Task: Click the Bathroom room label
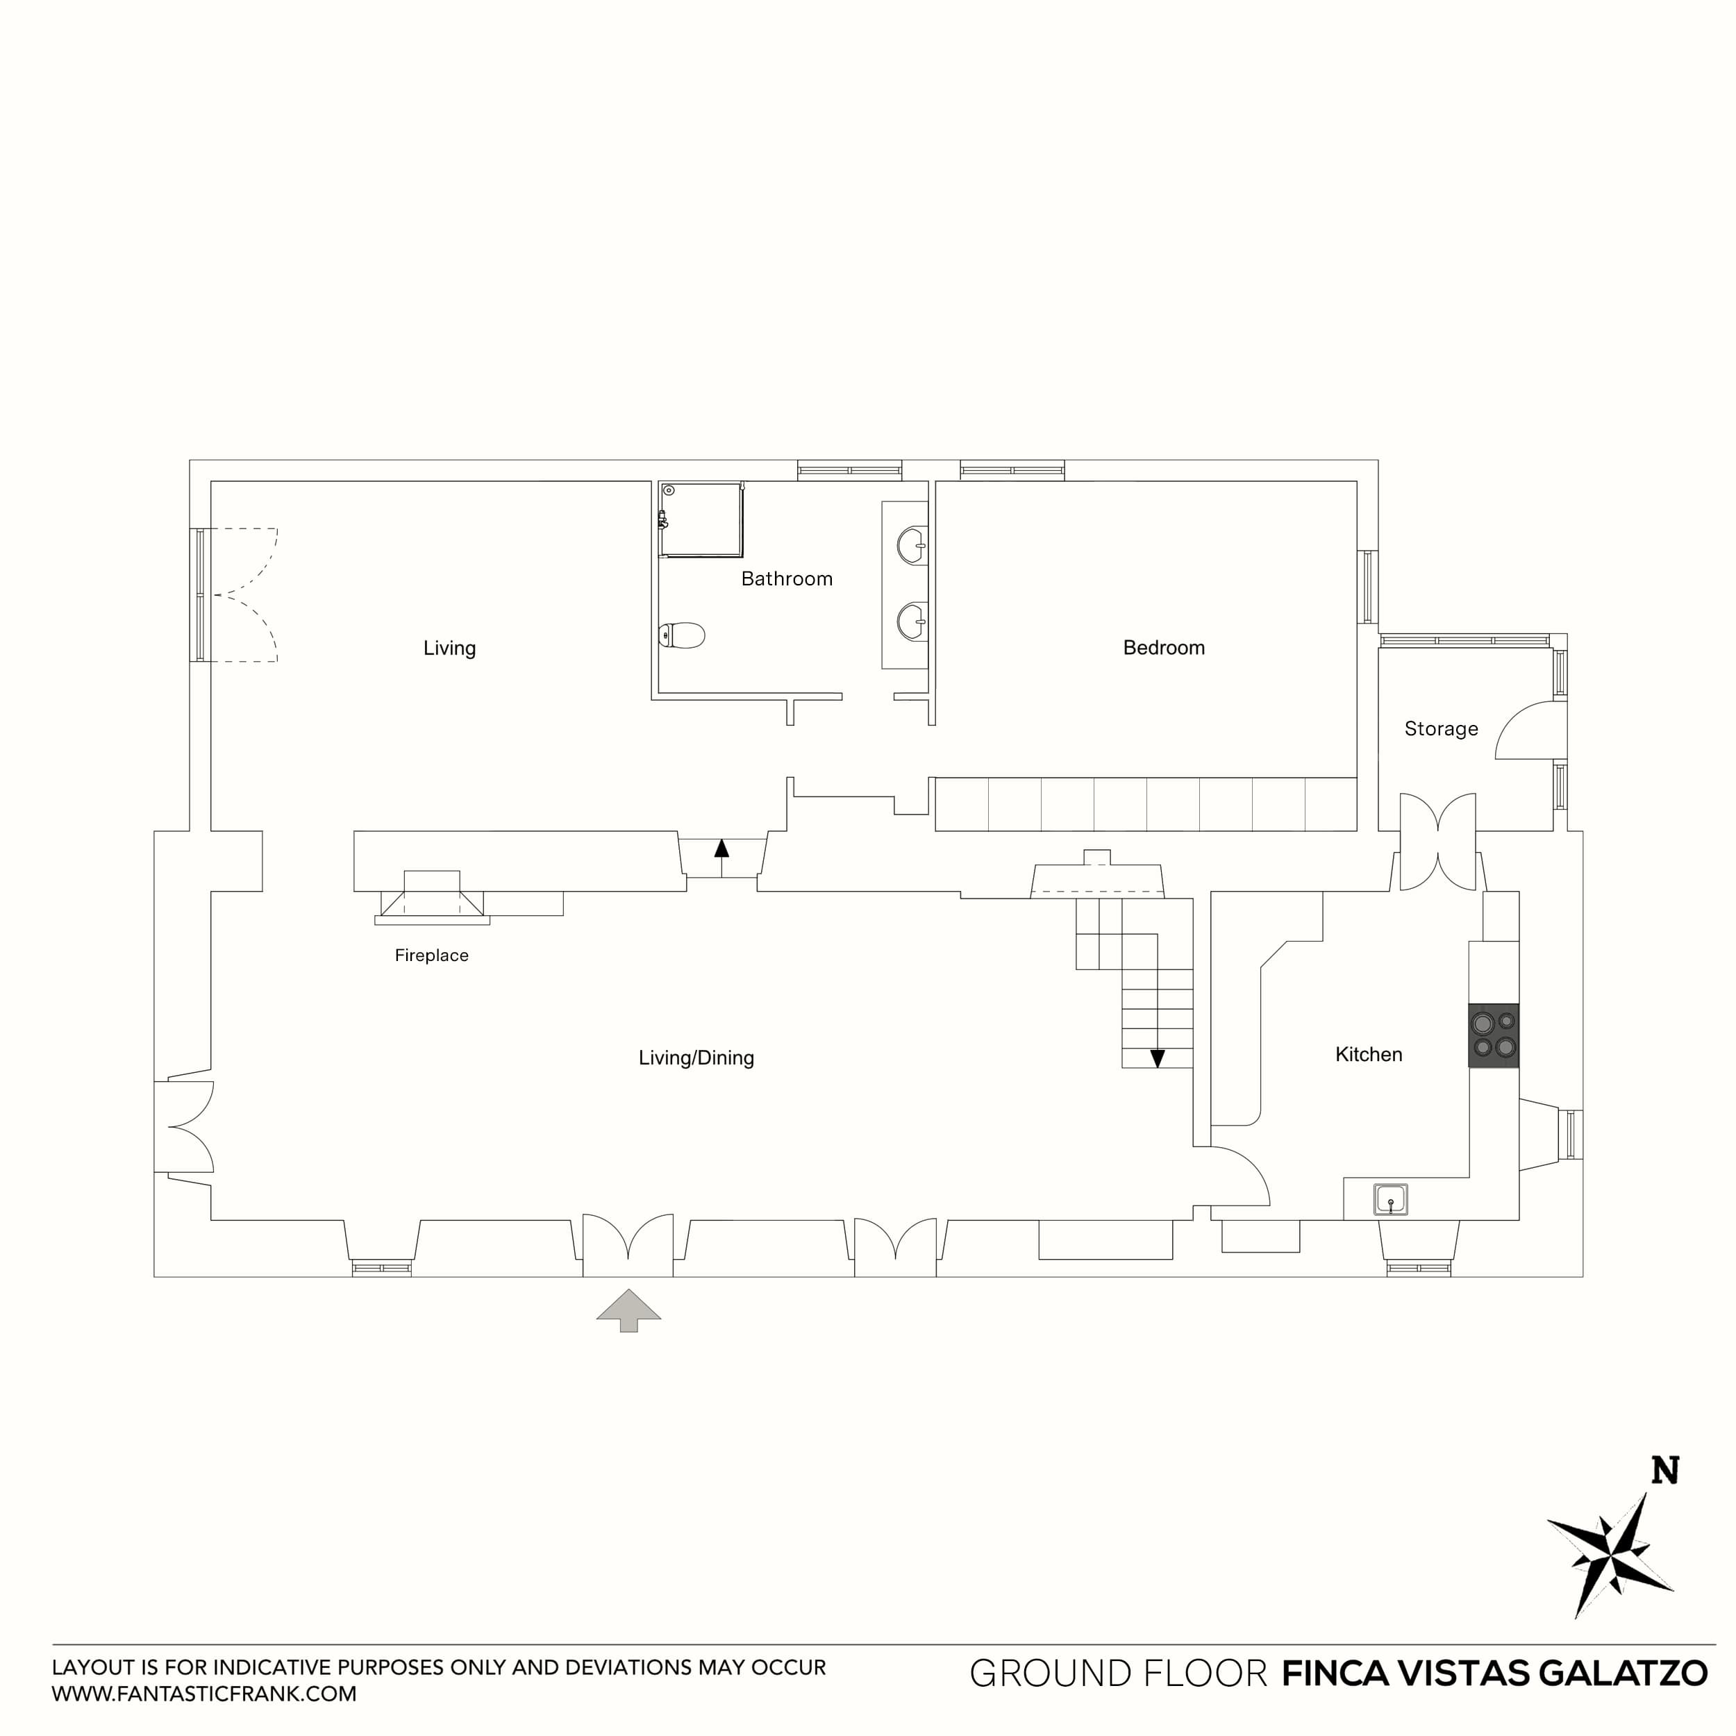[x=786, y=578]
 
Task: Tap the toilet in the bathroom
[x=682, y=635]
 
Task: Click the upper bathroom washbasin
[x=911, y=545]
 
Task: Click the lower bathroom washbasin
[x=911, y=621]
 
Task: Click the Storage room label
[x=1440, y=728]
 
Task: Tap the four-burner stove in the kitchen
[x=1494, y=1035]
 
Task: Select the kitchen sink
[x=1390, y=1199]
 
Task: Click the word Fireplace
[x=431, y=955]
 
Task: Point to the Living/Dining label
[x=696, y=1058]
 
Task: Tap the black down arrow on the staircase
[x=1158, y=1058]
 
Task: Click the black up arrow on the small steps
[x=721, y=847]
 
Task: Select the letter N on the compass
[x=1665, y=1472]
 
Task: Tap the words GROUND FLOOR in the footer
[x=1118, y=1673]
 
